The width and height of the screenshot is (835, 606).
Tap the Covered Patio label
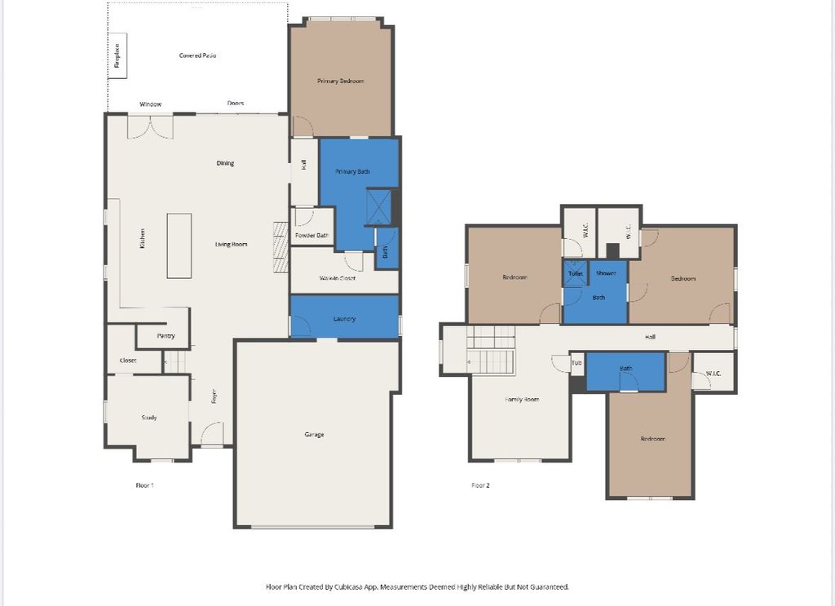[x=197, y=55]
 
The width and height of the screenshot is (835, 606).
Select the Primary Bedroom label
[x=340, y=81]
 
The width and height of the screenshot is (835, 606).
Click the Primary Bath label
[x=352, y=171]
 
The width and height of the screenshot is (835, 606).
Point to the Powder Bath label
[x=312, y=236]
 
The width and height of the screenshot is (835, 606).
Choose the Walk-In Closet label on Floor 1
[x=343, y=278]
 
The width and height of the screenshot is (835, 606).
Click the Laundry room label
[x=344, y=319]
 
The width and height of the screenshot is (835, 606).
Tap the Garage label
[x=314, y=434]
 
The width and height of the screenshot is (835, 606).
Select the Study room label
[x=148, y=418]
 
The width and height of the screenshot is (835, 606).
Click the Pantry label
[x=166, y=335]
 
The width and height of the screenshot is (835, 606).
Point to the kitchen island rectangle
[x=179, y=245]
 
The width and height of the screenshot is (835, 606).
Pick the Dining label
[x=225, y=163]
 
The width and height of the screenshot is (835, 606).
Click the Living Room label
[x=231, y=244]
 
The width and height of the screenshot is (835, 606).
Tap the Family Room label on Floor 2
[x=522, y=400]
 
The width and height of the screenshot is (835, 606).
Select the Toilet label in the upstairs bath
[x=575, y=273]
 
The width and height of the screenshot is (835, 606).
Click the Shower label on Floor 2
[x=606, y=273]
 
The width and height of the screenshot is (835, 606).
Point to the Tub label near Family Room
[x=577, y=363]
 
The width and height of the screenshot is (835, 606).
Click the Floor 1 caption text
[x=144, y=485]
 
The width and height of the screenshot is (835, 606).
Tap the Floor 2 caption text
[x=480, y=485]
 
